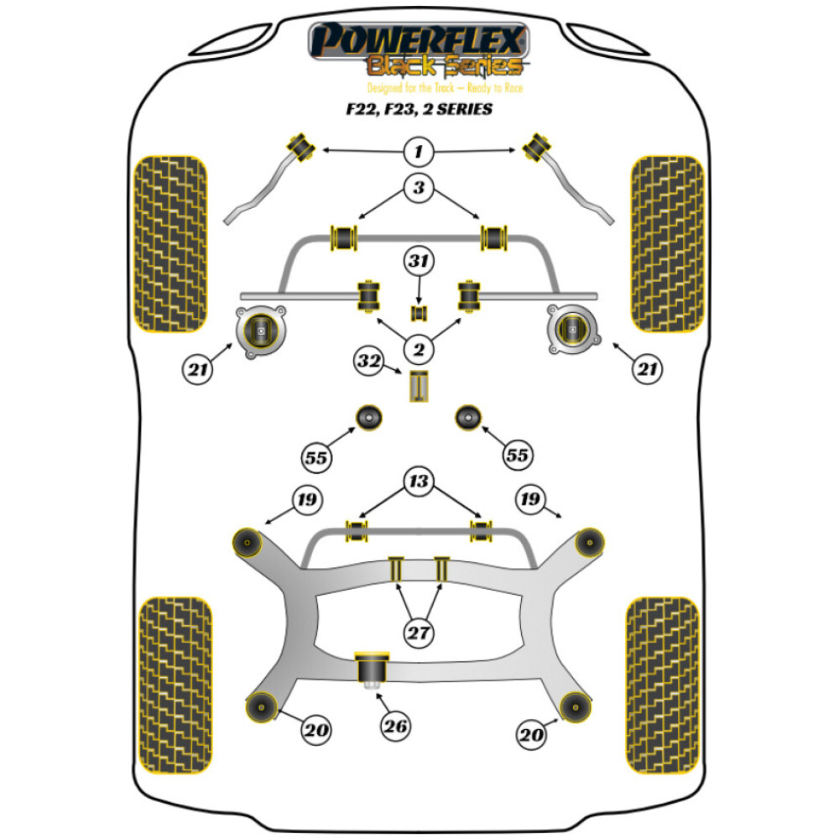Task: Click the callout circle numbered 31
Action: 419,263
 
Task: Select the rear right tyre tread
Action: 663,676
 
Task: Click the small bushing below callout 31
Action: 419,313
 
